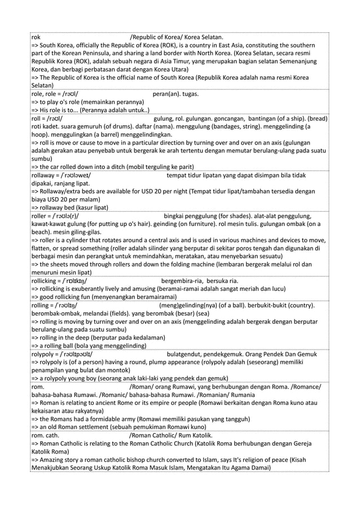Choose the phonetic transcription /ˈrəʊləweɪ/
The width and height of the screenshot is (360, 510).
pos(69,176)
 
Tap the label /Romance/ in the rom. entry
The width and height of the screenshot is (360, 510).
pos(302,387)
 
